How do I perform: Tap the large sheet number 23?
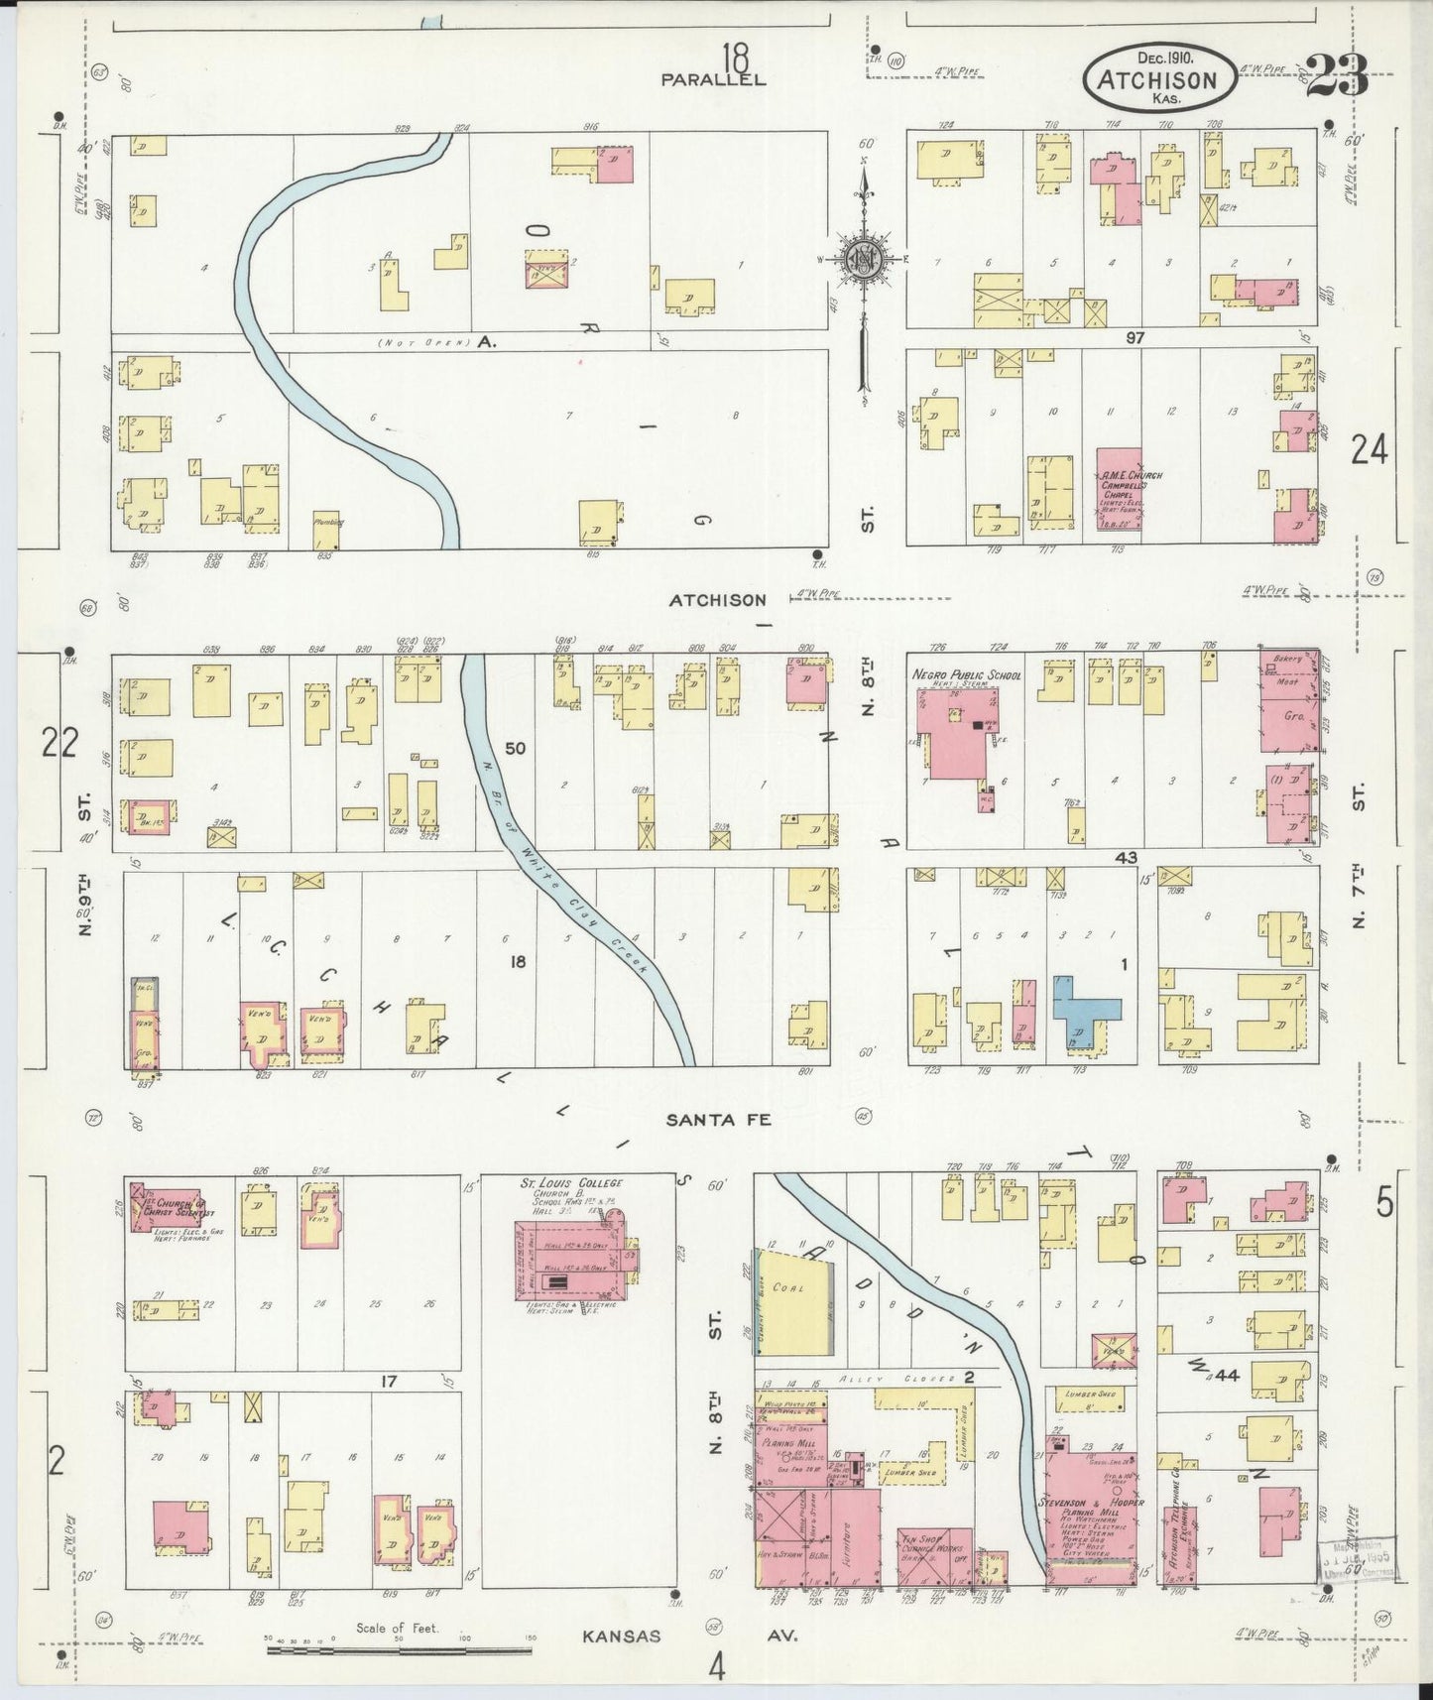[1337, 76]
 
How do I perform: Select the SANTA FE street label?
[718, 1120]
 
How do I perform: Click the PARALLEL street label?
[714, 79]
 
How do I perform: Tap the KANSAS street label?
[621, 1636]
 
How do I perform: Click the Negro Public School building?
[958, 730]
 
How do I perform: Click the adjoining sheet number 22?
[60, 742]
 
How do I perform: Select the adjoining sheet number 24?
[1369, 451]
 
